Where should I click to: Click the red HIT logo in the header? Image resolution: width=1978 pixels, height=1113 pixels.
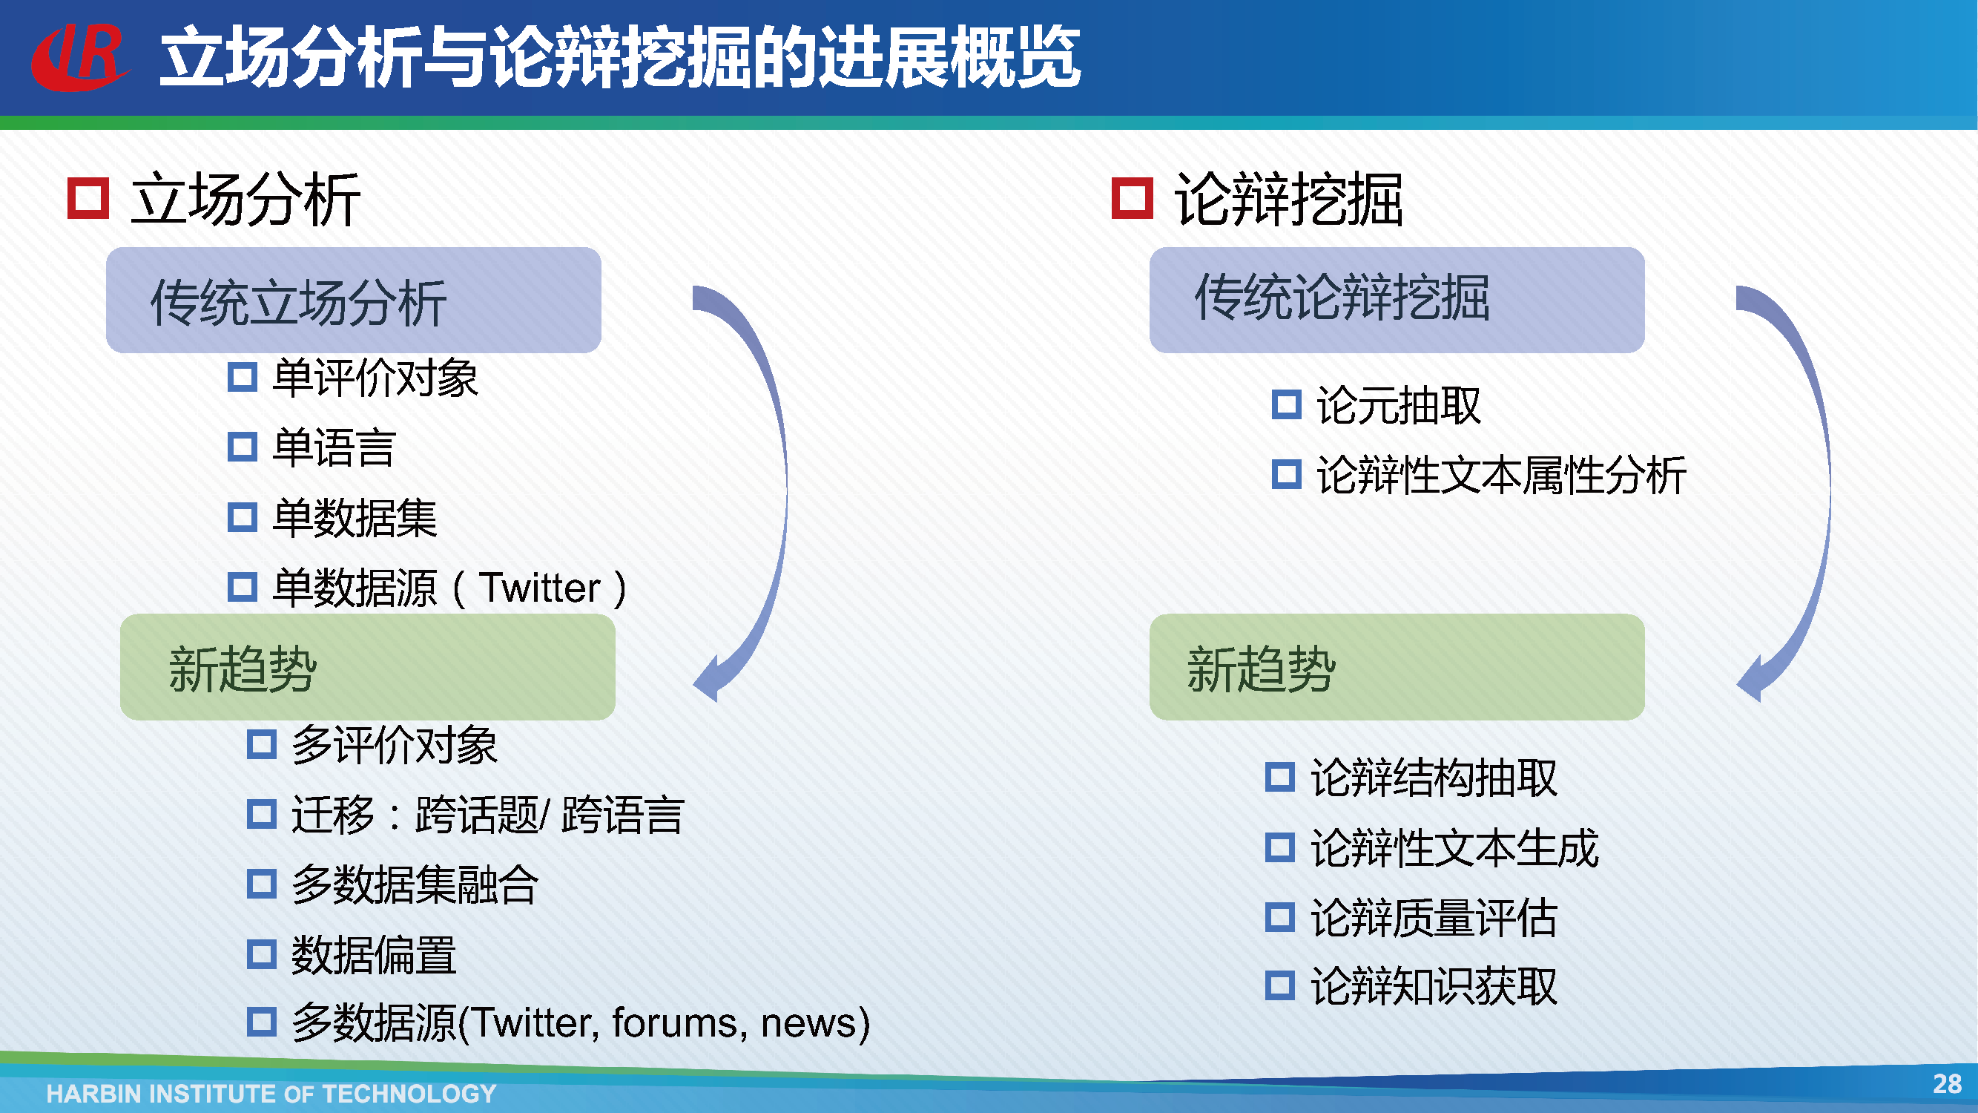pyautogui.click(x=80, y=57)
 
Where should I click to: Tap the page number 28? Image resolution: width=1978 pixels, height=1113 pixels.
pyautogui.click(x=1947, y=1084)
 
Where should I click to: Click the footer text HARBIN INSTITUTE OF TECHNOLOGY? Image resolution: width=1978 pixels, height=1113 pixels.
pyautogui.click(x=271, y=1093)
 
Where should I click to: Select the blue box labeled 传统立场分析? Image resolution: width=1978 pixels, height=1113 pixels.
pyautogui.click(x=353, y=301)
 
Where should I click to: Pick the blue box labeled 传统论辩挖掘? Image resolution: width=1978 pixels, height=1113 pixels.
pyautogui.click(x=1397, y=301)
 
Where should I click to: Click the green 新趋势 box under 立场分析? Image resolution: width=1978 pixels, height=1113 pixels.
pyautogui.click(x=368, y=667)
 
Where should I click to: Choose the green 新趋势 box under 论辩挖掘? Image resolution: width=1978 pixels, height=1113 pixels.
pyautogui.click(x=1397, y=667)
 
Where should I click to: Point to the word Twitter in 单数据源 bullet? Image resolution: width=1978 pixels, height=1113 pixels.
pyautogui.click(x=540, y=588)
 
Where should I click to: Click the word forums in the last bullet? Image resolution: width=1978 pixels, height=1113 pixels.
pyautogui.click(x=674, y=1023)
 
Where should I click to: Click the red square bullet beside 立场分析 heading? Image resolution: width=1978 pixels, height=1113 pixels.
pyautogui.click(x=88, y=198)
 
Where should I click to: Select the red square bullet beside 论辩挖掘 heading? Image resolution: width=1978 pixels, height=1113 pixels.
pyautogui.click(x=1133, y=198)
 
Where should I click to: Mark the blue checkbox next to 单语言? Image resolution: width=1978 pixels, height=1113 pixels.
pyautogui.click(x=242, y=447)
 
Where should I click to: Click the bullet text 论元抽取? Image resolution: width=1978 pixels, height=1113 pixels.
pyautogui.click(x=1398, y=405)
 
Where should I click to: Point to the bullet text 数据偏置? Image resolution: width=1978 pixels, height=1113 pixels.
pyautogui.click(x=374, y=955)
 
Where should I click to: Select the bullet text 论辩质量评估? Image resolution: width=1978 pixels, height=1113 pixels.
pyautogui.click(x=1434, y=917)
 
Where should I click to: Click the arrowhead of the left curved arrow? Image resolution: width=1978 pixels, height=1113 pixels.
pyautogui.click(x=706, y=679)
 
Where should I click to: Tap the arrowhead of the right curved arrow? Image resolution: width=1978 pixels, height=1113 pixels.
pyautogui.click(x=1750, y=679)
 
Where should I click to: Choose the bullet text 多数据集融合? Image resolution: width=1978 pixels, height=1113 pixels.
pyautogui.click(x=415, y=884)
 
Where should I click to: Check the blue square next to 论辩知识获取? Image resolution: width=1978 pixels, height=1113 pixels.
pyautogui.click(x=1280, y=985)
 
